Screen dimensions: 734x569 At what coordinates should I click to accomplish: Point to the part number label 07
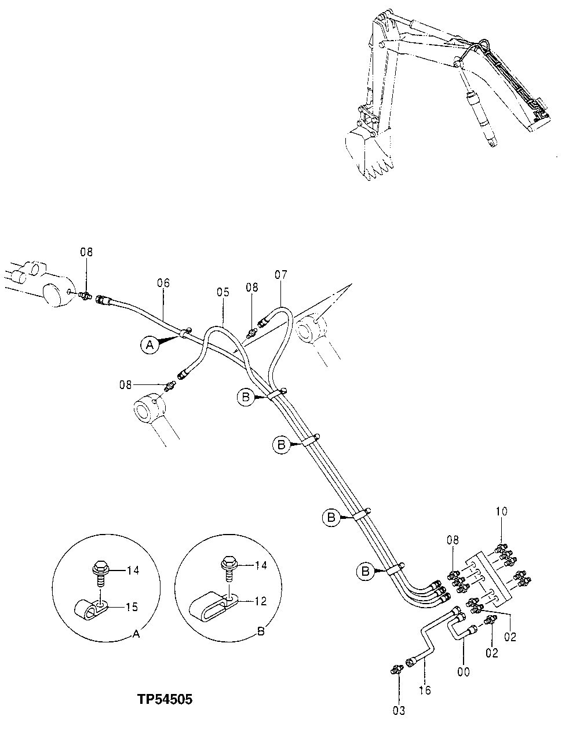click(x=280, y=274)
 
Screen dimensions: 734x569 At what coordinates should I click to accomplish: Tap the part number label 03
click(x=400, y=710)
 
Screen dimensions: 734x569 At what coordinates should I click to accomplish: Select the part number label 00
click(x=464, y=672)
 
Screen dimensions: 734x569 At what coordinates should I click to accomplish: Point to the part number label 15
click(x=132, y=607)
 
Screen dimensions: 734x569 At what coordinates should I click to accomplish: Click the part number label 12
click(x=260, y=601)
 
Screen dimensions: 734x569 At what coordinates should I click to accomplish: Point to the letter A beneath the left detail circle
click(x=136, y=634)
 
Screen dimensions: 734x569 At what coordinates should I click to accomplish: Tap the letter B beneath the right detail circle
click(x=260, y=631)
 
